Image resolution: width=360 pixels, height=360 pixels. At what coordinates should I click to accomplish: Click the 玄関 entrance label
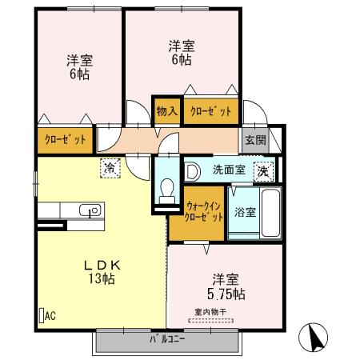[255, 140]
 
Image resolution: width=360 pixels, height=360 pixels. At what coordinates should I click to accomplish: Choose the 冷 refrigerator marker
[108, 168]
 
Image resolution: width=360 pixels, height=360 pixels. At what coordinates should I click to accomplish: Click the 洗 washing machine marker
[262, 170]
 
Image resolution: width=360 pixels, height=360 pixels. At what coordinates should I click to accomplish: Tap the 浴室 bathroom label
[245, 212]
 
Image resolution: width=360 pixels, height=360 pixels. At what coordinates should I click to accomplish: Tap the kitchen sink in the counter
[90, 211]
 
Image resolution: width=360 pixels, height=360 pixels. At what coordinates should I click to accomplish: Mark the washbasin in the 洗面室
[193, 170]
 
